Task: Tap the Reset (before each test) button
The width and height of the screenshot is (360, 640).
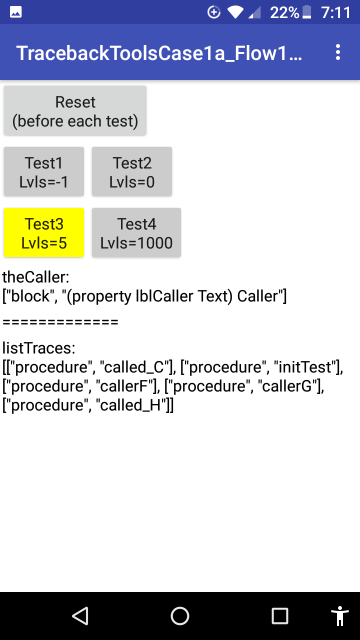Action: tap(75, 111)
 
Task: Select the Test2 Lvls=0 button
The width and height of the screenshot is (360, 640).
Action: tap(131, 172)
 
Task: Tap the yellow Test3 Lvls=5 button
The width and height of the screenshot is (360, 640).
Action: tap(44, 233)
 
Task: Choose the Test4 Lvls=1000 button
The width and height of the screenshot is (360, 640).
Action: tap(136, 233)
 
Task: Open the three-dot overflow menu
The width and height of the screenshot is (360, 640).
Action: tap(338, 52)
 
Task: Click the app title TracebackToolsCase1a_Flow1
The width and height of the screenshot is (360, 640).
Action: tap(159, 53)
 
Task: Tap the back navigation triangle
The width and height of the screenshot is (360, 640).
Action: tap(80, 616)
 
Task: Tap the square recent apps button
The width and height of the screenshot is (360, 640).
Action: tap(279, 616)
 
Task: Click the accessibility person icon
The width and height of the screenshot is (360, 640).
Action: tap(339, 616)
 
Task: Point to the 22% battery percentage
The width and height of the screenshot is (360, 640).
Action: tap(284, 12)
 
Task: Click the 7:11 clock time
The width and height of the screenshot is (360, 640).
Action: tap(335, 12)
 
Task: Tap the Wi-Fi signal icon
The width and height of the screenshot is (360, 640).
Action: tap(235, 12)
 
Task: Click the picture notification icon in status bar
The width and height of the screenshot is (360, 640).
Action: tap(15, 12)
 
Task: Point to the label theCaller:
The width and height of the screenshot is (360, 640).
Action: tap(35, 277)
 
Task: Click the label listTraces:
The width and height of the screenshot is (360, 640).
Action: tap(39, 348)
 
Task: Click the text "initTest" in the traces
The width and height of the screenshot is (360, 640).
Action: tap(305, 367)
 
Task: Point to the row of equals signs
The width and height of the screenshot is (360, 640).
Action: tap(60, 322)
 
